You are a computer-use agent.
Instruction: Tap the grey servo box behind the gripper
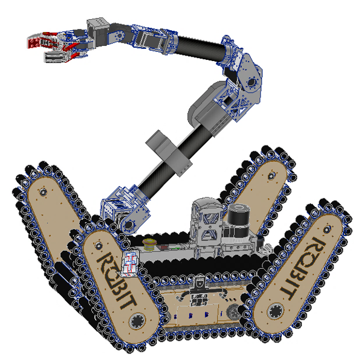click(x=97, y=31)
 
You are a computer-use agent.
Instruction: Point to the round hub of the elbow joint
click(x=252, y=82)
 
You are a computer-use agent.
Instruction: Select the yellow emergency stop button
click(x=149, y=243)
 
